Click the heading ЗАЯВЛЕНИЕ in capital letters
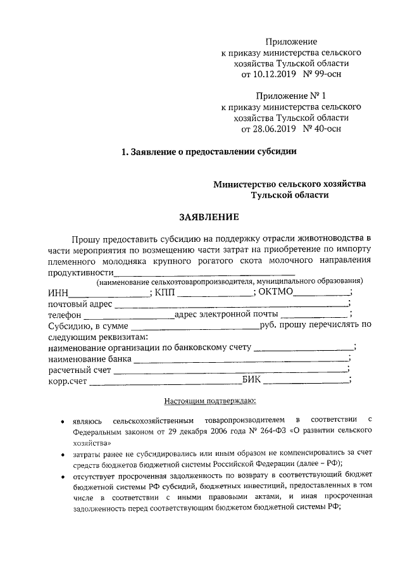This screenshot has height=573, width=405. click(209, 217)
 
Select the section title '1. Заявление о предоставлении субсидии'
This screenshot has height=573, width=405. click(209, 152)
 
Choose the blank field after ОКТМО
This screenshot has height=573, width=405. click(322, 293)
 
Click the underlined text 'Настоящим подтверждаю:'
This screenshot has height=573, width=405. click(209, 401)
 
